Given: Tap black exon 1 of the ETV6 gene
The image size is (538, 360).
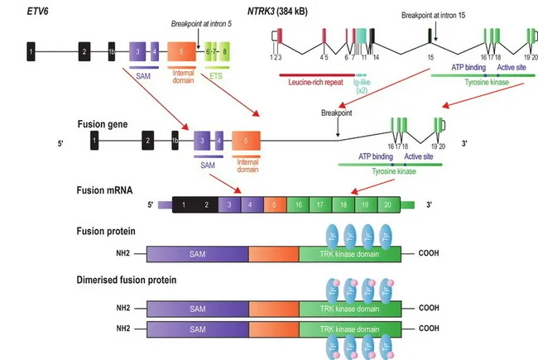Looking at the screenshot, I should tap(31, 52).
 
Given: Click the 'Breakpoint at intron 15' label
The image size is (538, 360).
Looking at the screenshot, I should tap(434, 16).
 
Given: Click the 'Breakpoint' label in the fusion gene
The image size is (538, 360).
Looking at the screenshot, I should tap(337, 111).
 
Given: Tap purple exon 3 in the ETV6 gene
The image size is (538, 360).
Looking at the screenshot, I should tap(137, 52).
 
